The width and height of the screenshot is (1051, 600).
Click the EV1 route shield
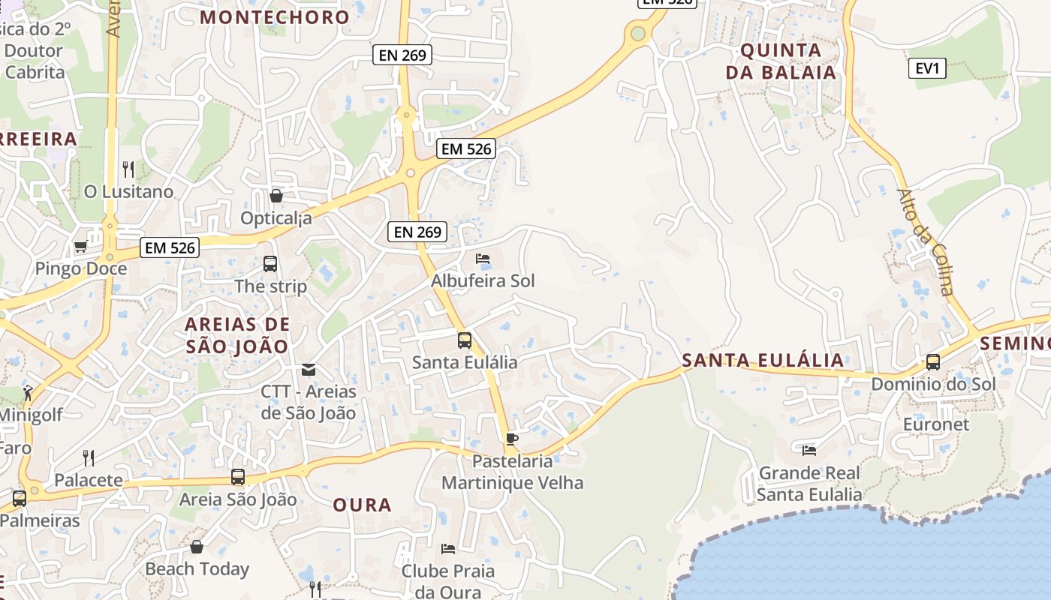tap(927, 68)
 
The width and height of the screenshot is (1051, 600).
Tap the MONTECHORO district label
tap(276, 17)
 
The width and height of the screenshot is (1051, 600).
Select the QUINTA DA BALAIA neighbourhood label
tap(788, 61)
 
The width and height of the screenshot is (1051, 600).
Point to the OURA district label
tap(363, 505)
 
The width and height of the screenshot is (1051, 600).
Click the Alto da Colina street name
tap(925, 241)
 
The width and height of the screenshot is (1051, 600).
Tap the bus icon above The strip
tap(270, 264)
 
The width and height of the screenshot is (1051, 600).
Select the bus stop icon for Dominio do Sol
tap(933, 362)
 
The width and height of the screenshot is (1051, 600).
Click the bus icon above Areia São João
tap(238, 477)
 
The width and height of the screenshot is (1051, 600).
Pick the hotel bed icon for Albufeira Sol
tap(483, 259)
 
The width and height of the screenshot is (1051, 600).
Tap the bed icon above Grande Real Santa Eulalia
tap(809, 450)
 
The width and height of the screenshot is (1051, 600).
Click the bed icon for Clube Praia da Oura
tap(448, 548)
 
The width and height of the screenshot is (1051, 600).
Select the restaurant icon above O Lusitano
tap(128, 169)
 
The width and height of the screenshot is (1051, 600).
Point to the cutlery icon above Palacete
tap(89, 457)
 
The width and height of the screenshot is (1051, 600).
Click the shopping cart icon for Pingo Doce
tap(80, 246)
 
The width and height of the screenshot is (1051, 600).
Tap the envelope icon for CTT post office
tap(309, 369)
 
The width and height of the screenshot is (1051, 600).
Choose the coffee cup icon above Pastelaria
tap(512, 439)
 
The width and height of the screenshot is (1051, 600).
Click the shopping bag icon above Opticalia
tap(276, 196)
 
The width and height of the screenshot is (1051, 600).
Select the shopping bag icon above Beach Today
tap(197, 547)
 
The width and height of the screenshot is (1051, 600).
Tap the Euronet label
tap(936, 424)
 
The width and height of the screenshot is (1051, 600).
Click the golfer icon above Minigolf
tap(29, 392)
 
